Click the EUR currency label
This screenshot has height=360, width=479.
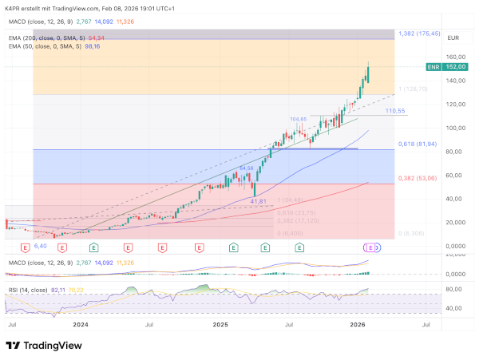click(x=453, y=38)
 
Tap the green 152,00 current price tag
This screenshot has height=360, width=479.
click(x=456, y=68)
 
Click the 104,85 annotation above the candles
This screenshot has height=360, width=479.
click(x=298, y=118)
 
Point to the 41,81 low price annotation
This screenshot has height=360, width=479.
click(x=258, y=201)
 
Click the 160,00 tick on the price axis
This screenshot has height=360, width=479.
click(x=456, y=57)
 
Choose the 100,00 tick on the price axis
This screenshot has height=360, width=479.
click(x=456, y=128)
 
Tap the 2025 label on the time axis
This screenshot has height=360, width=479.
click(x=220, y=325)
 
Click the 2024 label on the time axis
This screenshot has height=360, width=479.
click(x=81, y=325)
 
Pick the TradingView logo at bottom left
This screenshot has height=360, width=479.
click(x=46, y=345)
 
